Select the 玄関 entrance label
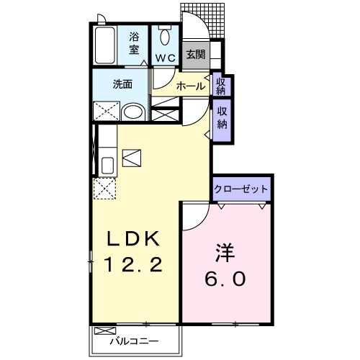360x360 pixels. [194, 54]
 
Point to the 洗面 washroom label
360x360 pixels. [122, 84]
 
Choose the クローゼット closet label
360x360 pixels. [241, 189]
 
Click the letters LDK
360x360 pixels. [136, 238]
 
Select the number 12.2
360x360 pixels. [136, 265]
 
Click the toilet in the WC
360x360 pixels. [164, 36]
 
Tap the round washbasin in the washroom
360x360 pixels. [132, 112]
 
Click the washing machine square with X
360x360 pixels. [106, 112]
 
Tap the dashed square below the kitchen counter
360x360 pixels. [105, 189]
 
